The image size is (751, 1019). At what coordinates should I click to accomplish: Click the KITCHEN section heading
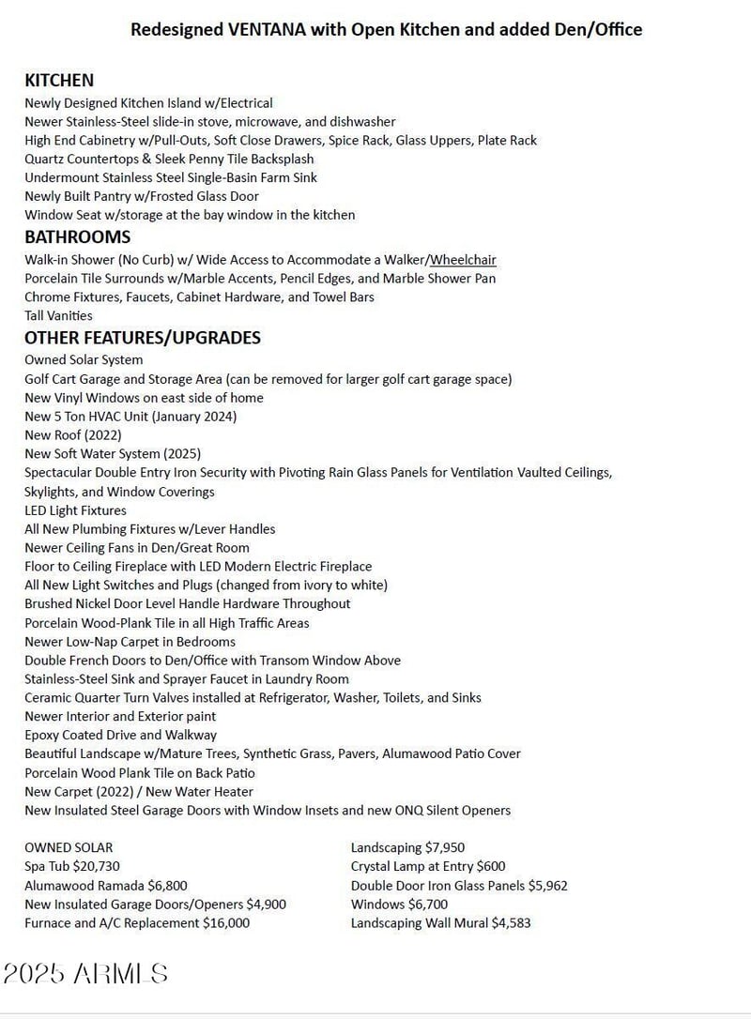point(59,81)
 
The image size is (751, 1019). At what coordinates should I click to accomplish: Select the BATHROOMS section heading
point(77,236)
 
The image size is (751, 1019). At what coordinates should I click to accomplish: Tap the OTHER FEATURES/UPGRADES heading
point(143,338)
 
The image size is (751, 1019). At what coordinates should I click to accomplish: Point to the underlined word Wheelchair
point(464,260)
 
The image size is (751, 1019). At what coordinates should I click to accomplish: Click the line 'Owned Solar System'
point(84,360)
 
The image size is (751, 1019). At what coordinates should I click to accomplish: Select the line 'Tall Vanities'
point(58,316)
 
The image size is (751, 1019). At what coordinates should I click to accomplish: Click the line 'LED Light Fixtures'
point(75,510)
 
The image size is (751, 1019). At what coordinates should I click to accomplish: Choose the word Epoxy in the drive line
point(43,736)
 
